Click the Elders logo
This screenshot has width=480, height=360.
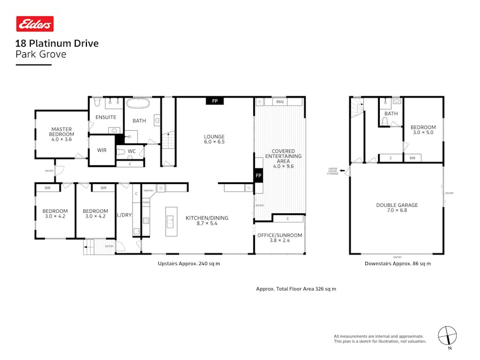pos(35,24)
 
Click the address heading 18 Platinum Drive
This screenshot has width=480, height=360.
pos(57,44)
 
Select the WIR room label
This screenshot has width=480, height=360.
pos(102,150)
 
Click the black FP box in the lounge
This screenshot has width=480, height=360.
pos(214,100)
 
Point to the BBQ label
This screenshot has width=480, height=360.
pos(280,101)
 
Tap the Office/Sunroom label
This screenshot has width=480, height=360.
pos(280,237)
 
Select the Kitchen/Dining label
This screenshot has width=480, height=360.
pos(207,220)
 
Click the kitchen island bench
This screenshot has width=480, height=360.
pos(171,221)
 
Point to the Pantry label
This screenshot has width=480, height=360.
pos(148,190)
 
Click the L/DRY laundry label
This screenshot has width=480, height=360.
pos(124,215)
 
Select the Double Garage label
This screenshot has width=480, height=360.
pos(397,207)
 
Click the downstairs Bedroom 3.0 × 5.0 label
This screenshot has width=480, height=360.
pos(423,130)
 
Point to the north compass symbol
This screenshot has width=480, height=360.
pos(447,336)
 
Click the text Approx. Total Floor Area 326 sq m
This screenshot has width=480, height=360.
pos(296,289)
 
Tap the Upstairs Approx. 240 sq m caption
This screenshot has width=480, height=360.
pos(189,263)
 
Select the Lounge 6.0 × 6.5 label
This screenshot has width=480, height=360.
pos(214,139)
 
